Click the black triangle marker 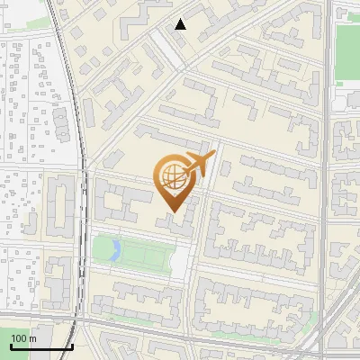point(181,24)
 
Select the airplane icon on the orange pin point(198,165)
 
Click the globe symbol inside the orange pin point(173,177)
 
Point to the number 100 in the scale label point(20,338)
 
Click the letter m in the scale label point(33,338)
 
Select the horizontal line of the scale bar point(41,346)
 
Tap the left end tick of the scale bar point(11,344)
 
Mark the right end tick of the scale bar point(72,344)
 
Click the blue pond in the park point(113,249)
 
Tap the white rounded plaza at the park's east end point(180,261)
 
